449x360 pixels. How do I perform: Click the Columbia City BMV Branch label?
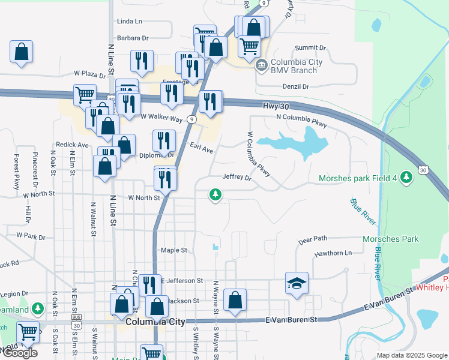[x=297, y=65]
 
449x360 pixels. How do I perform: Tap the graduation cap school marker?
[x=297, y=283]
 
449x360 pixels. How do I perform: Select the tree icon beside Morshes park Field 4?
[x=407, y=176]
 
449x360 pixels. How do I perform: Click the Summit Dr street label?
[x=310, y=47]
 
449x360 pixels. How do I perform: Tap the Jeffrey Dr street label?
[x=237, y=177]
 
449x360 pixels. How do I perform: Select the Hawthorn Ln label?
[x=333, y=253]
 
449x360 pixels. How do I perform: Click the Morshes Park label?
[x=391, y=239]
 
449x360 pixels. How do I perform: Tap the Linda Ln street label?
[x=130, y=21]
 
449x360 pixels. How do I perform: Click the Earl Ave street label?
[x=202, y=148]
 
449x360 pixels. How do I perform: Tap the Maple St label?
[x=174, y=250]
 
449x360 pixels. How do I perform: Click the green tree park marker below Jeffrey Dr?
[x=215, y=194]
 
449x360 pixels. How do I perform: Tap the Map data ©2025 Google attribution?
[x=412, y=355]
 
